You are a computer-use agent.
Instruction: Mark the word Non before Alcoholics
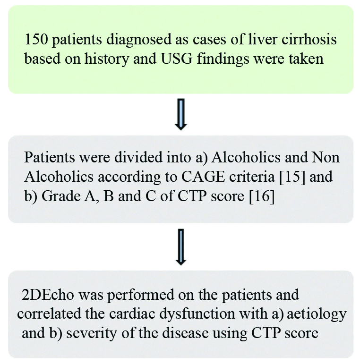(x=328, y=158)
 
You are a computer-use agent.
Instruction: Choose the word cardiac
(x=158, y=314)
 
